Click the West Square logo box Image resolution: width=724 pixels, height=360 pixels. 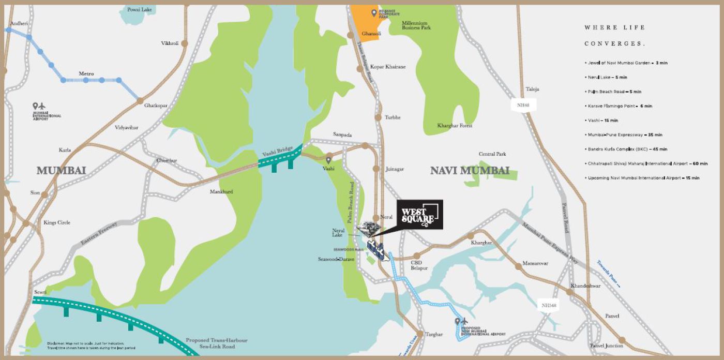420,215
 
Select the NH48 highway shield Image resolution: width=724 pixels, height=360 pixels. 523,105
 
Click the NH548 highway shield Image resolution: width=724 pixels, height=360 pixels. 549,305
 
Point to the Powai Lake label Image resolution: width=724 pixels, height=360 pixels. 139,9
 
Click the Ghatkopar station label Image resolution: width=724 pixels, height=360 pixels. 156,105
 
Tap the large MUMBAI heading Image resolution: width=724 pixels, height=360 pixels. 61,170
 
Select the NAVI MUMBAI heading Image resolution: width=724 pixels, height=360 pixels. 470,170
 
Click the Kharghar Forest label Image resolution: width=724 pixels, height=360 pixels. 455,126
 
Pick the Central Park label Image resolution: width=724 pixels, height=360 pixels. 492,154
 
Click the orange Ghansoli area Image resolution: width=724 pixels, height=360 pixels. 368,23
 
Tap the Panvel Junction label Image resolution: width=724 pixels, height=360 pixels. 606,346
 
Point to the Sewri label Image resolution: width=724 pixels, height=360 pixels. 40,292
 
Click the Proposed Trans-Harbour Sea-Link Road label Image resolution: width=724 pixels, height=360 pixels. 217,343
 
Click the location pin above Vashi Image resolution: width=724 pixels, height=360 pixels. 328,160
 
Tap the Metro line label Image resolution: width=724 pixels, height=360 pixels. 86,74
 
